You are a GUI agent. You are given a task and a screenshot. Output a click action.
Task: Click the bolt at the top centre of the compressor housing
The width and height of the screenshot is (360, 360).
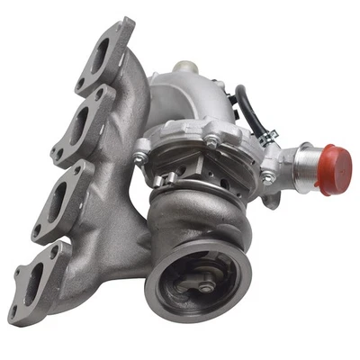click(210, 140)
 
